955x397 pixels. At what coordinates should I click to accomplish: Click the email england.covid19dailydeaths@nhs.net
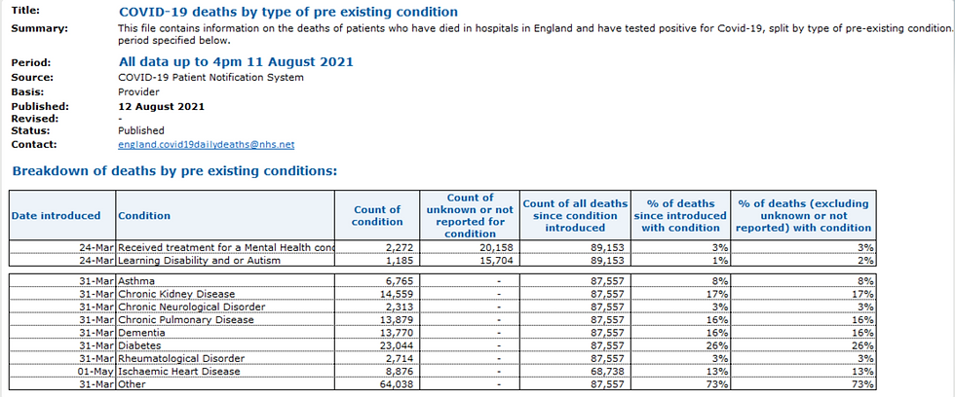pyautogui.click(x=206, y=145)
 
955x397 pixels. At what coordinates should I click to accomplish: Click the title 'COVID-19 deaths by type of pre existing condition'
pyautogui.click(x=287, y=12)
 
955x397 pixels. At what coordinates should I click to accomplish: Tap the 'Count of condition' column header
pyautogui.click(x=377, y=215)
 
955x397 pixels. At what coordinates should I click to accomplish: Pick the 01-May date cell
pyautogui.click(x=96, y=370)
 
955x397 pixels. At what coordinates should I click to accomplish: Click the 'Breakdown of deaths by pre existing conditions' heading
pyautogui.click(x=174, y=171)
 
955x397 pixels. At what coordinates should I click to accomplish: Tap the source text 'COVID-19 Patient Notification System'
pyautogui.click(x=210, y=77)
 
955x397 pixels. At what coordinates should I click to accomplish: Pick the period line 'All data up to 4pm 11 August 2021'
pyautogui.click(x=235, y=61)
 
